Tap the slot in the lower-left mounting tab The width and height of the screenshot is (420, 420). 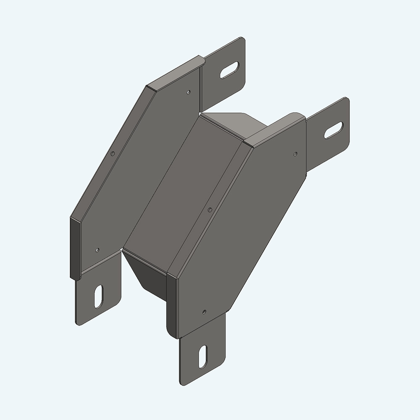click(99, 297)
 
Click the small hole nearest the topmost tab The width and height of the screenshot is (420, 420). click(188, 92)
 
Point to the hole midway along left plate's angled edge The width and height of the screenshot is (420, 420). click(112, 154)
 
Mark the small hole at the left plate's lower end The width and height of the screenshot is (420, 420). click(97, 250)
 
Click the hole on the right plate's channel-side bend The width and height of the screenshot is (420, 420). click(210, 208)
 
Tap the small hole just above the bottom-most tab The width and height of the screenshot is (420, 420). click(204, 311)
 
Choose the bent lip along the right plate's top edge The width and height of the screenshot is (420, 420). click(275, 128)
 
